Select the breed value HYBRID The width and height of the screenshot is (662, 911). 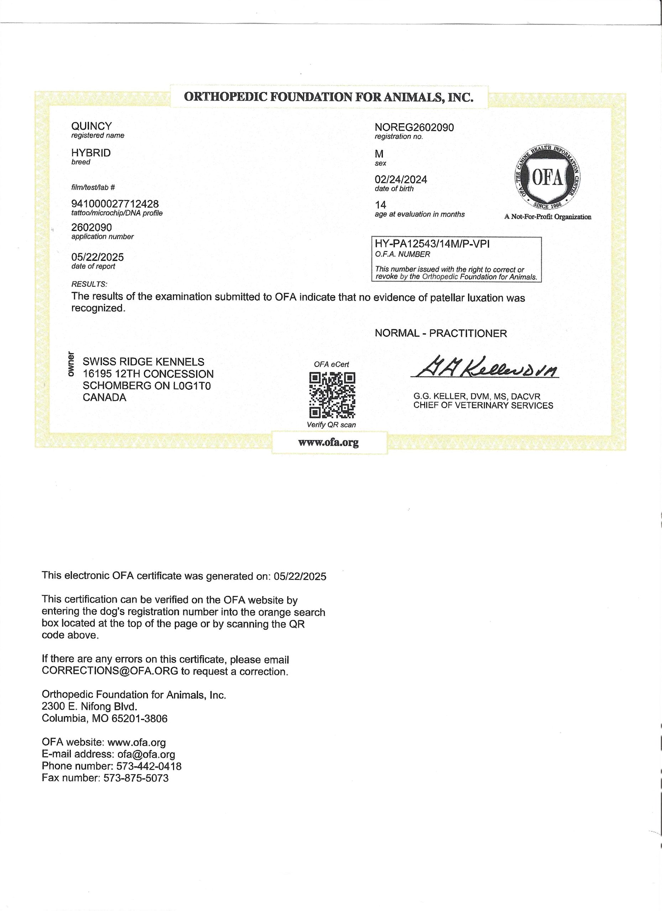tap(91, 153)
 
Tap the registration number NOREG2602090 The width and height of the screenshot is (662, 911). tap(414, 127)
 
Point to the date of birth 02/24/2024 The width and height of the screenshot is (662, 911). tap(401, 180)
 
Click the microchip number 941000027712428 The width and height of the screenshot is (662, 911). tap(115, 204)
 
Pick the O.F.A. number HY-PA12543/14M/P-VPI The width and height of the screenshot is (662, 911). tap(432, 244)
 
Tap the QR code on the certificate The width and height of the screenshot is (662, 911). tap(332, 395)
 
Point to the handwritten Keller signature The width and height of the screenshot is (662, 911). tap(484, 367)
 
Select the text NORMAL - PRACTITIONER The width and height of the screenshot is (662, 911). tap(441, 333)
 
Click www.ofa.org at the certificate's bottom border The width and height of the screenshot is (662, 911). tap(328, 443)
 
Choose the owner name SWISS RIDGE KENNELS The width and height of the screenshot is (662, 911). tap(144, 362)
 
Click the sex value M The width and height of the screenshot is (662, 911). tap(379, 154)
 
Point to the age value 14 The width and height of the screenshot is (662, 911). tap(380, 205)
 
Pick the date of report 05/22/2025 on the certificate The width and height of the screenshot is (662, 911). tap(98, 257)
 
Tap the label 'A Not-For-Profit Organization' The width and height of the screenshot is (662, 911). tap(547, 217)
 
